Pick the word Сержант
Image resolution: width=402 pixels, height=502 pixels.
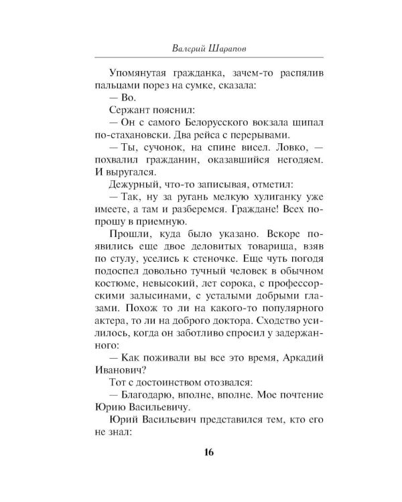[128, 115]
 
